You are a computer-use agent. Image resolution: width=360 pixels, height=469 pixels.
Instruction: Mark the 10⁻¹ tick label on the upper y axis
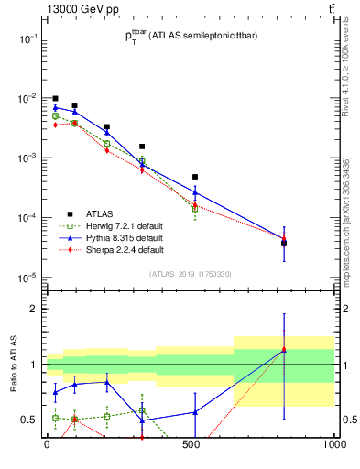click(27, 38)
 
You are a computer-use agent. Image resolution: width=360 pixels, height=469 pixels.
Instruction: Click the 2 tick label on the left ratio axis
click(33, 309)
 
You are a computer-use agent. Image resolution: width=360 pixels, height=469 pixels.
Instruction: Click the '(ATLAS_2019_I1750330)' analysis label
click(190, 274)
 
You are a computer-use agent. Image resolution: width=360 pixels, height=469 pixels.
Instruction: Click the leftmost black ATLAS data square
click(56, 98)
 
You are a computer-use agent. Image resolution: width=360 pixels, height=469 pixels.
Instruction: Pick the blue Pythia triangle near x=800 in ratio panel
click(284, 349)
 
